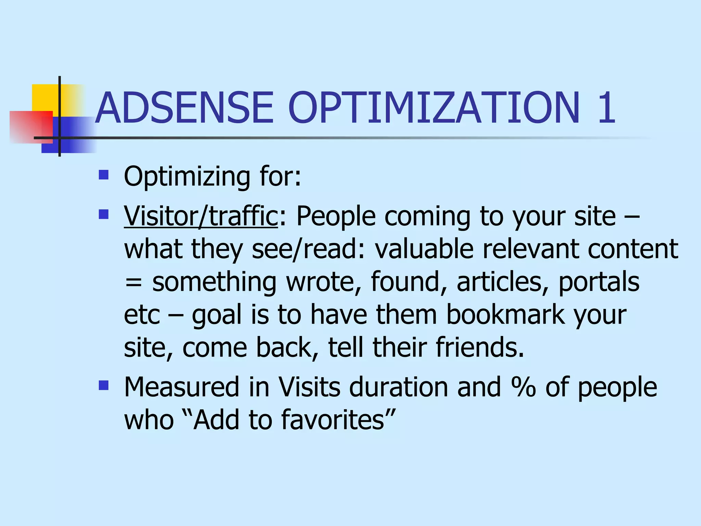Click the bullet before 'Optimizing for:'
(103, 175)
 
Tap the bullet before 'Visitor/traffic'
(103, 215)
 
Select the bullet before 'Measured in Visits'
(103, 386)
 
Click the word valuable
(424, 249)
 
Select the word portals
(599, 282)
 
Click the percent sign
(523, 387)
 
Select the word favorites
(333, 420)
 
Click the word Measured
(181, 387)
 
